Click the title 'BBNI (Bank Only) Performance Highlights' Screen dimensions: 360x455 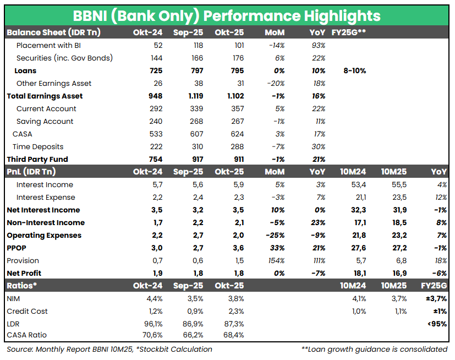(x=227, y=15)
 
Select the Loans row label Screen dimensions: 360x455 (x=25, y=70)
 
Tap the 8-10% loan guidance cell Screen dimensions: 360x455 (x=354, y=70)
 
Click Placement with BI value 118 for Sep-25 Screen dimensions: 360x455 (x=196, y=45)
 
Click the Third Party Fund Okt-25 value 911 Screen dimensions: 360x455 (x=237, y=159)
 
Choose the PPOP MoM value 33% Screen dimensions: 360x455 (x=277, y=248)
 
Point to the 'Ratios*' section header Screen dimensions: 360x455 (x=21, y=286)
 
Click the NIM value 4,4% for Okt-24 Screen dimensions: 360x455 (x=154, y=298)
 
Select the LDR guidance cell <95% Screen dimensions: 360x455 (x=437, y=324)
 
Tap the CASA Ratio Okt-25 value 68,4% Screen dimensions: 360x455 (x=233, y=335)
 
